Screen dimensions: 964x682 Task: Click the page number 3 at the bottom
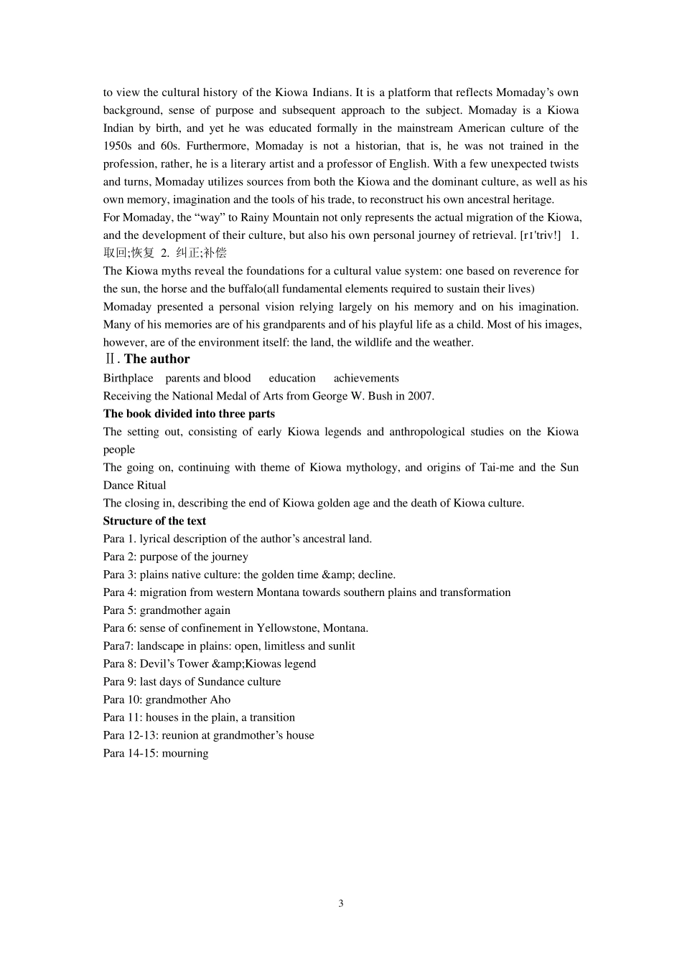[341, 903]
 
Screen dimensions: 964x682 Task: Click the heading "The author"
[157, 359]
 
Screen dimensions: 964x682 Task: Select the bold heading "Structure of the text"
[154, 521]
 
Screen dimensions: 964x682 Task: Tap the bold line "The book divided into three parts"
[189, 413]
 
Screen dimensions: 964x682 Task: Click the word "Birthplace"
[128, 378]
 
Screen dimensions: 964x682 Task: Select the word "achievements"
[366, 378]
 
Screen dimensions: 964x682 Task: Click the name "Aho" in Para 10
[220, 699]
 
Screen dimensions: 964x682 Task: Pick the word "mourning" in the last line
[185, 753]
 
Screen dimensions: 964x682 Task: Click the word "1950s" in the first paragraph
[117, 146]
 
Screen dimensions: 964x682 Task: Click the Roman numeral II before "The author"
[110, 359]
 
